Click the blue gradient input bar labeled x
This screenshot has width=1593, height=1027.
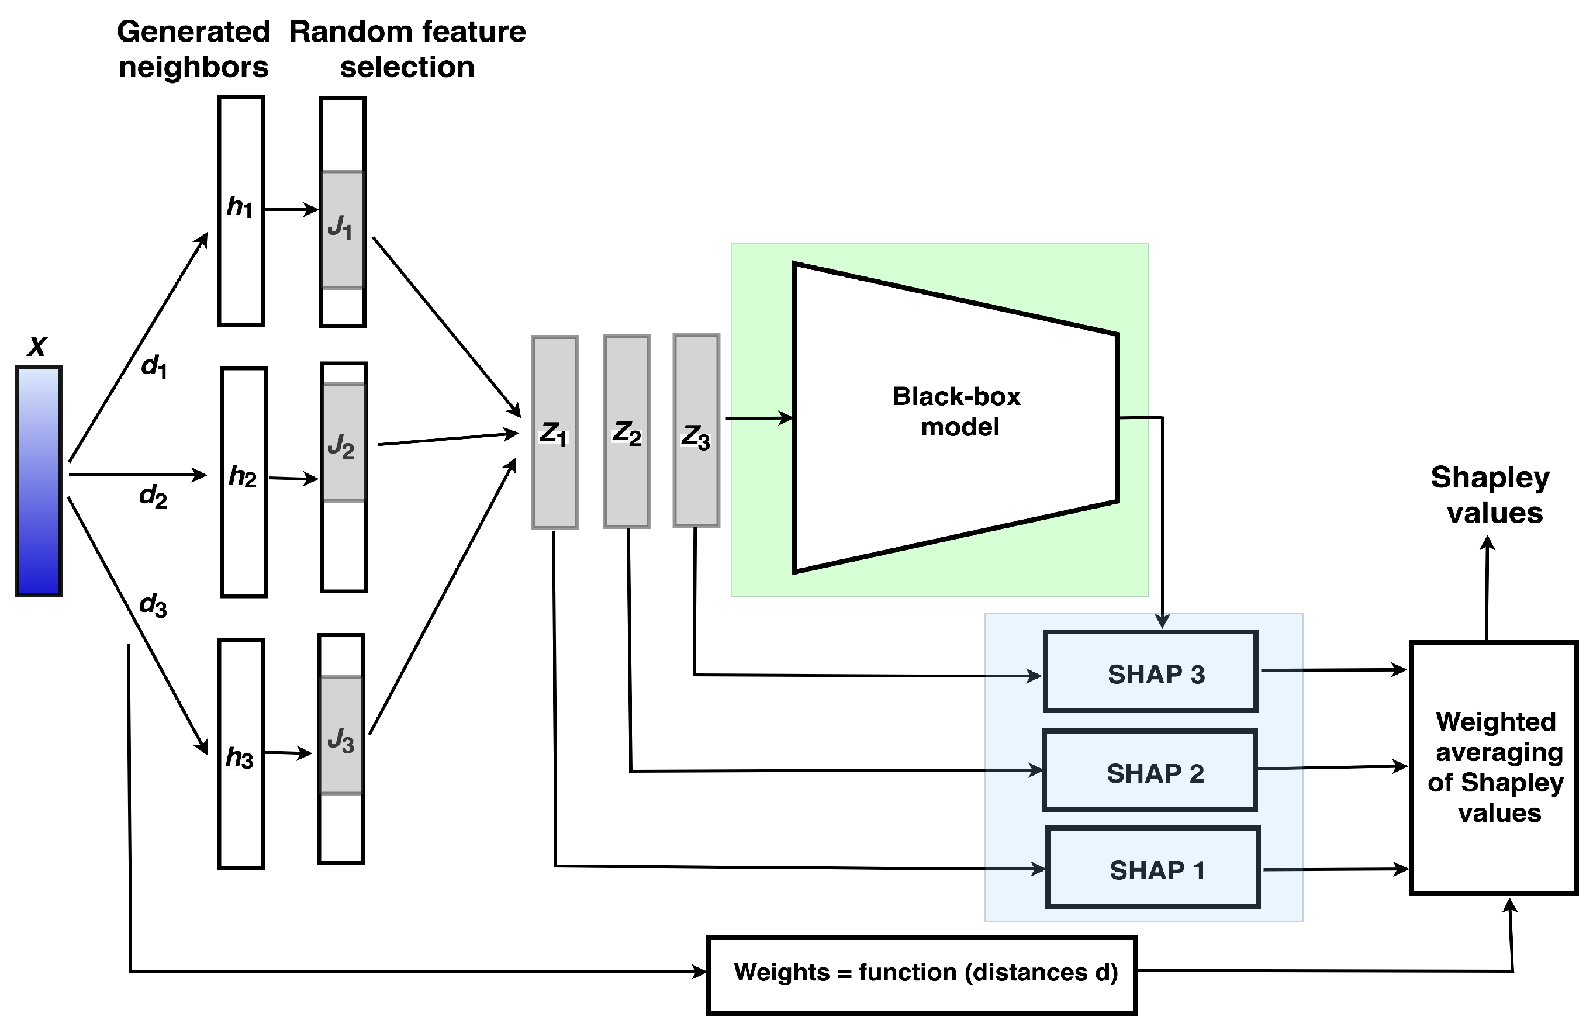[39, 480]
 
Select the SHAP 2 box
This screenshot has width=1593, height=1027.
[1149, 770]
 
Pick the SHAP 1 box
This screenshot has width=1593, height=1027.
[1152, 867]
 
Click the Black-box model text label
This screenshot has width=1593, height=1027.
[957, 412]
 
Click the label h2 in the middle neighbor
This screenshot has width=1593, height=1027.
[242, 476]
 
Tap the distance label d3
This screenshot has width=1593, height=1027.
[153, 605]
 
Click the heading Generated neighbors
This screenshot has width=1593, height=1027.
[193, 49]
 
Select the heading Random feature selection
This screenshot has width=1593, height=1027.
[407, 49]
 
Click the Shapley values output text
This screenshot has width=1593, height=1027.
[1491, 495]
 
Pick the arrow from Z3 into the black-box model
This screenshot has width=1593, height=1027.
[759, 418]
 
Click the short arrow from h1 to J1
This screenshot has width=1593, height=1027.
[291, 209]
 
